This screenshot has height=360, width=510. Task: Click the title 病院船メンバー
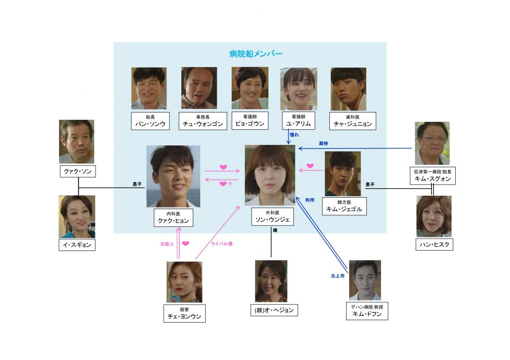point(250,53)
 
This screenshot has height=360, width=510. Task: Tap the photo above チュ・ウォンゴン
point(199,88)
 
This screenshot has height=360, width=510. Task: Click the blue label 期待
point(323,143)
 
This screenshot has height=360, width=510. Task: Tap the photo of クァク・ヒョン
point(173,176)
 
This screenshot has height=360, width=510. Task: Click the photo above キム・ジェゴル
point(343,173)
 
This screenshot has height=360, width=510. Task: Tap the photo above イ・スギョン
point(77,216)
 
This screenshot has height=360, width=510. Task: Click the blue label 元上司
point(338,275)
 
